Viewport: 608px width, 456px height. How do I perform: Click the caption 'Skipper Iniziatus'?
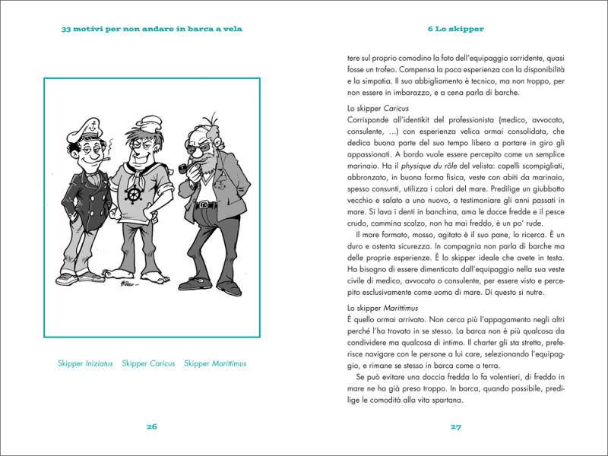84,363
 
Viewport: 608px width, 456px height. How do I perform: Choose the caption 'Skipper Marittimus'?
215,363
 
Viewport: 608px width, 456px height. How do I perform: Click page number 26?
151,426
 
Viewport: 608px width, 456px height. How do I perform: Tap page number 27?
456,426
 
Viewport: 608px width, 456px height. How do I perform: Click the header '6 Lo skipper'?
456,30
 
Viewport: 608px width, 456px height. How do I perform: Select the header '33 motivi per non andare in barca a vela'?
151,30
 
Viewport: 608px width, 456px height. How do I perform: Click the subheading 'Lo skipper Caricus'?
378,108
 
